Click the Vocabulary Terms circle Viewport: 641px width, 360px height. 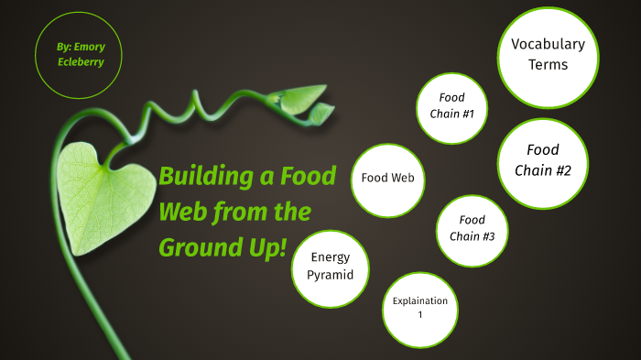548,56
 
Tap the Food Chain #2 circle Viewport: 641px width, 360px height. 543,161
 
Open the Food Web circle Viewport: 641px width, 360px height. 388,178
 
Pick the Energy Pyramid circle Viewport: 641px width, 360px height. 331,267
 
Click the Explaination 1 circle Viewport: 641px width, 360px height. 419,309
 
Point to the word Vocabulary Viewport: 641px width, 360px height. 548,44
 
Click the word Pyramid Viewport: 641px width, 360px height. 331,275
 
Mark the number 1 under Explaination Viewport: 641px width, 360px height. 420,316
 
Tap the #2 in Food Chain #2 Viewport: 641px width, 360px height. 561,170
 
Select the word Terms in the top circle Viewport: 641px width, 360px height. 548,65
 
